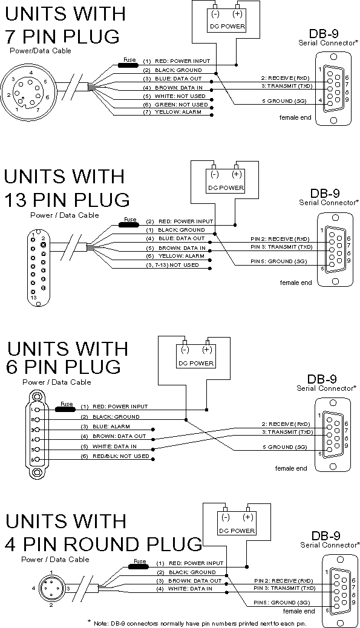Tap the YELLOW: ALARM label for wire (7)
pyautogui.click(x=178, y=112)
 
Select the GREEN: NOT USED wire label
pyautogui.click(x=181, y=105)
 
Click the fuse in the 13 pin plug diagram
pyautogui.click(x=129, y=224)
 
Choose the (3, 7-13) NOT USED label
pyautogui.click(x=172, y=265)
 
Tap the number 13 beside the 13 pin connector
pyautogui.click(x=33, y=298)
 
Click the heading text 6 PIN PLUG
pyautogui.click(x=63, y=367)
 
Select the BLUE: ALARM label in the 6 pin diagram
pyautogui.click(x=111, y=427)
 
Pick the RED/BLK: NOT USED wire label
pyautogui.click(x=120, y=456)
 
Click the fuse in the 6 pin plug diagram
pyautogui.click(x=66, y=410)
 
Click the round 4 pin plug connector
pyautogui.click(x=51, y=588)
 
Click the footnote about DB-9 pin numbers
pyautogui.click(x=200, y=623)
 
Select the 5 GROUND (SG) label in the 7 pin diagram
pyautogui.click(x=284, y=101)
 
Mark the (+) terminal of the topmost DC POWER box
pyautogui.click(x=238, y=15)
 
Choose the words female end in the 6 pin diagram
pyautogui.click(x=291, y=468)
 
